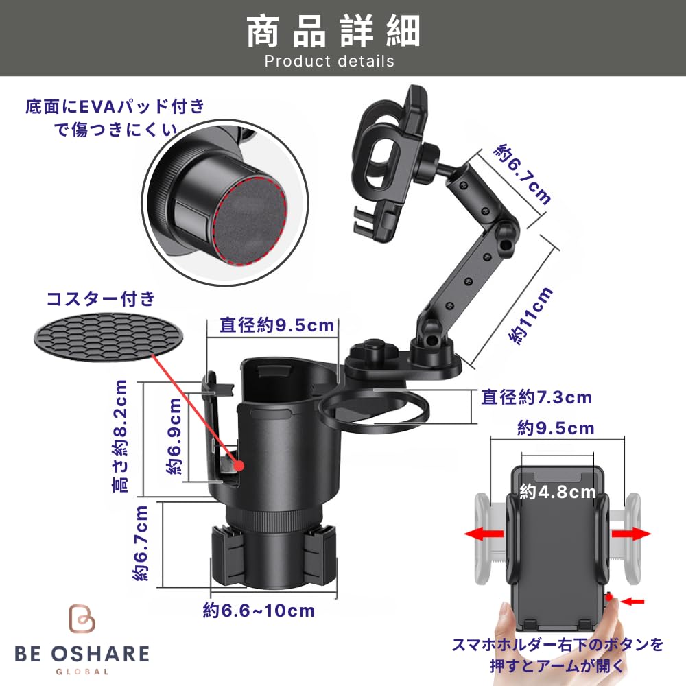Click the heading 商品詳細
tap(333, 31)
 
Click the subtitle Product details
tap(329, 61)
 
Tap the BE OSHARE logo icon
tap(82, 618)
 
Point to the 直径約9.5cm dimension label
tap(276, 325)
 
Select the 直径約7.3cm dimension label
tap(536, 397)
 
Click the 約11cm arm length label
tap(531, 316)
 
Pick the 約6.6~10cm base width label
tap(259, 611)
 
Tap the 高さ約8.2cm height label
tap(120, 436)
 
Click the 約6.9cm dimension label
tap(174, 436)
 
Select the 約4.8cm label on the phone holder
tap(557, 492)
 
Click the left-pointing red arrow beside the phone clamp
tap(484, 534)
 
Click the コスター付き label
tap(101, 299)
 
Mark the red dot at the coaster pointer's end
tap(239, 466)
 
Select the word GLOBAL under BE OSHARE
tap(82, 672)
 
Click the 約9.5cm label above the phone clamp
tap(556, 428)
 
